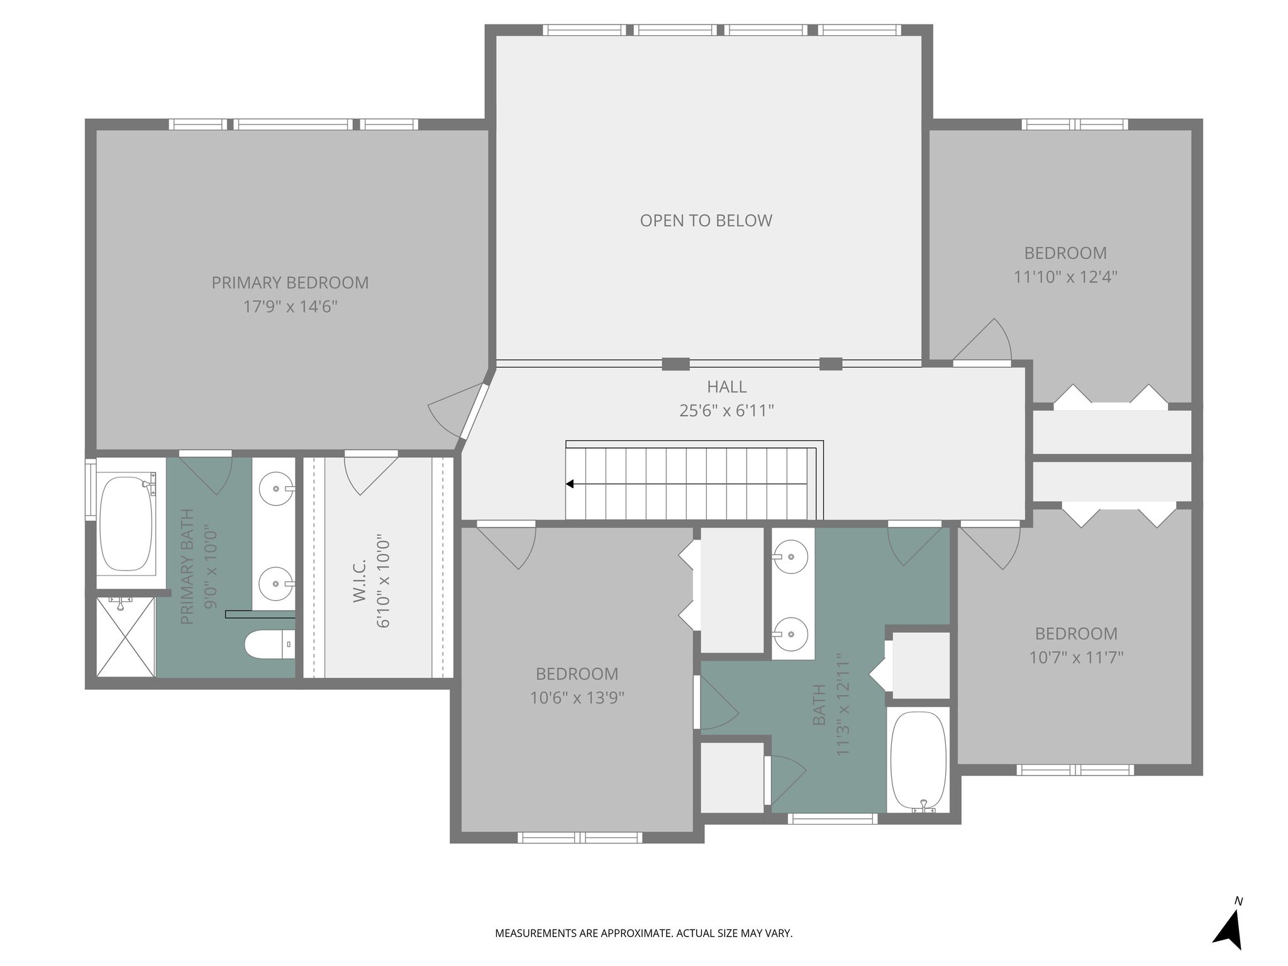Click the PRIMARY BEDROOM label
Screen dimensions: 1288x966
(x=290, y=283)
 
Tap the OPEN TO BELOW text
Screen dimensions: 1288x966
(x=706, y=221)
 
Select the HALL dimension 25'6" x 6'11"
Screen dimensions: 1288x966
(x=726, y=411)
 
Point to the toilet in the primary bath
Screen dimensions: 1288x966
(x=269, y=644)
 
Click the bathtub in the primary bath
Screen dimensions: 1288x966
(x=126, y=523)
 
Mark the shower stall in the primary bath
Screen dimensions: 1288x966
(x=125, y=636)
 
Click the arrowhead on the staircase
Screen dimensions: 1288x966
(x=570, y=484)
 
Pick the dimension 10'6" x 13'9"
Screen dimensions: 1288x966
(x=577, y=698)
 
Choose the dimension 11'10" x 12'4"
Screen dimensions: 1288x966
(x=1065, y=277)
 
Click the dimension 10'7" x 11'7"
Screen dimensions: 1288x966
(x=1076, y=658)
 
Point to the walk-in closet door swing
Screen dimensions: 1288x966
(x=371, y=474)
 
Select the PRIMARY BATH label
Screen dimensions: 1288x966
(x=187, y=567)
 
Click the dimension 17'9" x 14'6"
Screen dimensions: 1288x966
(x=290, y=307)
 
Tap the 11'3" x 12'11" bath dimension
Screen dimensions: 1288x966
(x=843, y=704)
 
